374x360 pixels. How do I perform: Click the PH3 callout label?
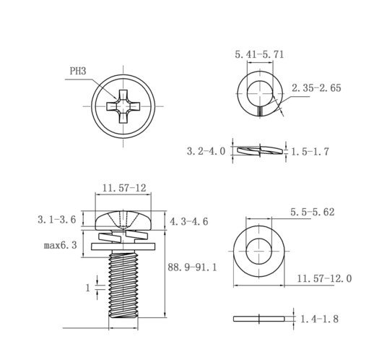pos(78,72)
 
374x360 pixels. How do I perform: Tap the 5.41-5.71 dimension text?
pos(259,54)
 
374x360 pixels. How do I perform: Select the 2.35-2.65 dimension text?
pos(316,88)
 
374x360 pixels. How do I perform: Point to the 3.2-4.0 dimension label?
pos(206,151)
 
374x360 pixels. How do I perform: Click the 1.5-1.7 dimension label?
pos(310,152)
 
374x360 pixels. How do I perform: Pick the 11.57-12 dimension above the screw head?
pos(124,188)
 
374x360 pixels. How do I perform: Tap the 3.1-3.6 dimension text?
pos(57,220)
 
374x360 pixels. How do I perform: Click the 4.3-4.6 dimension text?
pos(189,221)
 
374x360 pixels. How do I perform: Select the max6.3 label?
pos(61,245)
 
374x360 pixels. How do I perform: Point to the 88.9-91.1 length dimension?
pos(192,267)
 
